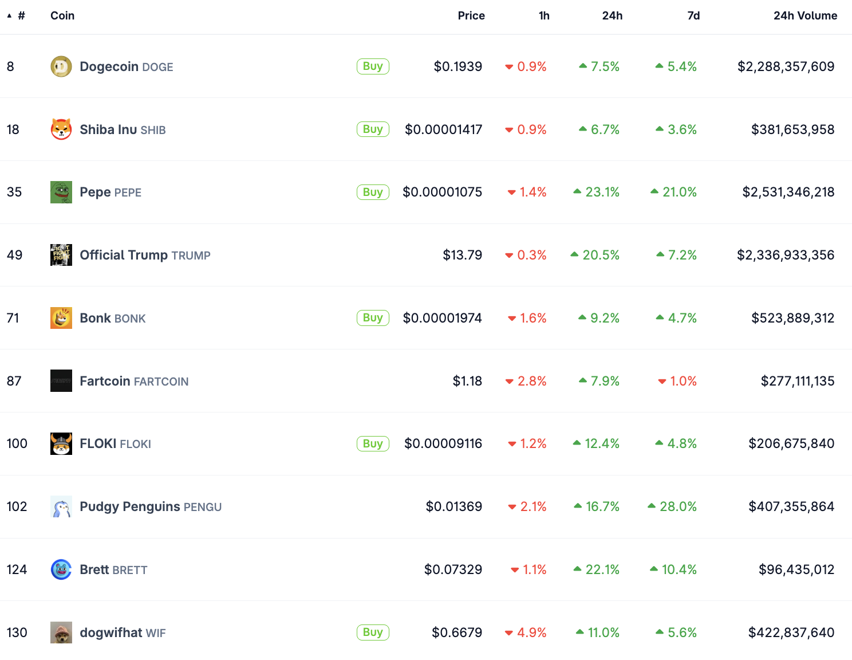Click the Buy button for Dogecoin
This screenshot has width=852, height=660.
pyautogui.click(x=373, y=66)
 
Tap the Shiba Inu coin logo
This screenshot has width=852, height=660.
pyautogui.click(x=61, y=129)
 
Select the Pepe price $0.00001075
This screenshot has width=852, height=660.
pyautogui.click(x=442, y=192)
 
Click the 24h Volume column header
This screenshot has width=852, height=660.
pyautogui.click(x=805, y=15)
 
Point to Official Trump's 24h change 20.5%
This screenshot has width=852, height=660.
pyautogui.click(x=595, y=255)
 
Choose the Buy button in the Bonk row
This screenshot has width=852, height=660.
pyautogui.click(x=373, y=318)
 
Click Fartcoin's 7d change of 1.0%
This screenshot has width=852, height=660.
pyautogui.click(x=678, y=381)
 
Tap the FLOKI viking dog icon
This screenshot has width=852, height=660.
pyautogui.click(x=61, y=443)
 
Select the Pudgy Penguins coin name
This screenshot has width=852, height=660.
pyautogui.click(x=130, y=506)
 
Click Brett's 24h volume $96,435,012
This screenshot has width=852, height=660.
pyautogui.click(x=796, y=569)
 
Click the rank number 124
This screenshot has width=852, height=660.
pyautogui.click(x=17, y=569)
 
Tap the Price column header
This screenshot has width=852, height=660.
pyautogui.click(x=471, y=15)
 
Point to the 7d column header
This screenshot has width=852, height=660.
pyautogui.click(x=693, y=15)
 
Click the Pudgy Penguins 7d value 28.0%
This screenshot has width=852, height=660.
pyautogui.click(x=673, y=506)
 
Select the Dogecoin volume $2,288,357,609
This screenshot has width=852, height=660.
pyautogui.click(x=786, y=66)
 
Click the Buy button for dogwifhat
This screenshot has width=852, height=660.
pyautogui.click(x=373, y=632)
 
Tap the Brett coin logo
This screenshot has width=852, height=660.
pyautogui.click(x=61, y=569)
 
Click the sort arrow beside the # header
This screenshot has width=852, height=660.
pyautogui.click(x=9, y=15)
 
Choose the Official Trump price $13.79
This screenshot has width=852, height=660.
pyautogui.click(x=462, y=255)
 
